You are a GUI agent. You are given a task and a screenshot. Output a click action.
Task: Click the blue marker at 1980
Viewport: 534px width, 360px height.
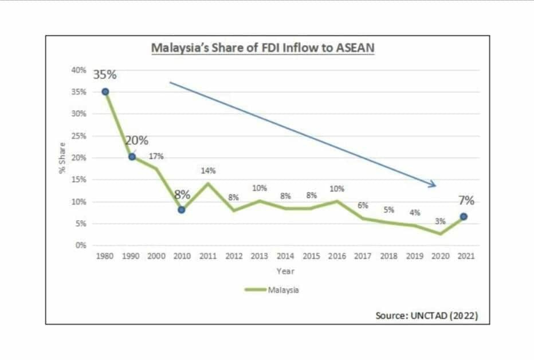click(x=105, y=92)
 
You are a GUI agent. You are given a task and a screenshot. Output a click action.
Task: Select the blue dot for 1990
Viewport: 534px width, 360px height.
click(x=132, y=157)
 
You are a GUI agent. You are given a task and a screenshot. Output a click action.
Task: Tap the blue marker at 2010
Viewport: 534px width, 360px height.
click(x=182, y=210)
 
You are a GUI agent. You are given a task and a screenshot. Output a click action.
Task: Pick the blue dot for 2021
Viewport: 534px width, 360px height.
click(x=464, y=217)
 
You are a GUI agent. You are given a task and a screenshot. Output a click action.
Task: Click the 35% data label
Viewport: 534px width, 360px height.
click(x=105, y=75)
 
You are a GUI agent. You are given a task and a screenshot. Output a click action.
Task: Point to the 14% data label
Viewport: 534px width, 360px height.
click(x=208, y=170)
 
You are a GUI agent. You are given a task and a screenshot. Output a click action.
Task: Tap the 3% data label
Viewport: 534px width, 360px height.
click(x=440, y=221)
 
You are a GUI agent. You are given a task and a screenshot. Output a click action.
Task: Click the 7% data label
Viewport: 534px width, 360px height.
click(x=466, y=201)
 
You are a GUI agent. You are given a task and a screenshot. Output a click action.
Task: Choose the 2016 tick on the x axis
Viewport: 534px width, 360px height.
click(x=336, y=256)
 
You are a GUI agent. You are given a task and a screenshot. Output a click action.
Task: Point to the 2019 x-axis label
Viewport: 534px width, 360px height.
click(x=414, y=256)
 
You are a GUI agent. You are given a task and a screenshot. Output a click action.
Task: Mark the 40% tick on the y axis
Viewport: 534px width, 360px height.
click(x=79, y=70)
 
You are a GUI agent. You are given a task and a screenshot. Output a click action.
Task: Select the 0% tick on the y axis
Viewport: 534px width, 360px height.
click(x=81, y=245)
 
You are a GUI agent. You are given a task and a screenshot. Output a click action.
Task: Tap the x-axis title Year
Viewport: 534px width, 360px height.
click(x=285, y=271)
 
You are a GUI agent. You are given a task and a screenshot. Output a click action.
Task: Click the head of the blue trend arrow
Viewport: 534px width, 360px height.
click(x=435, y=185)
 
